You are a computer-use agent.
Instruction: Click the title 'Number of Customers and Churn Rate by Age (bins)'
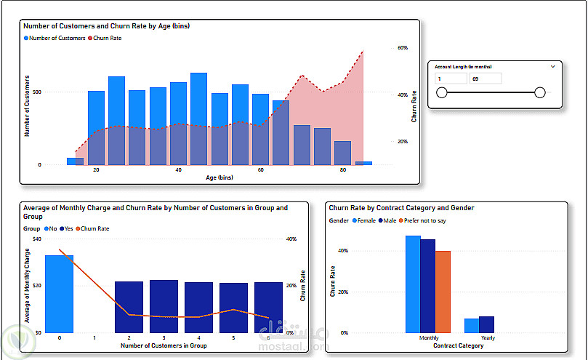107,26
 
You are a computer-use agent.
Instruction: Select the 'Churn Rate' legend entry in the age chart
106,38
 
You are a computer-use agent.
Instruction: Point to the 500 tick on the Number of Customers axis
36,92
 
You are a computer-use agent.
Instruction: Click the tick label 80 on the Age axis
343,169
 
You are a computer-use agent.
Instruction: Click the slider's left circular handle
440,92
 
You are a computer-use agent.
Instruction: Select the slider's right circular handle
539,92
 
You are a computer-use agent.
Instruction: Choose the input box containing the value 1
451,78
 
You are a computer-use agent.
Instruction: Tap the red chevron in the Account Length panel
553,66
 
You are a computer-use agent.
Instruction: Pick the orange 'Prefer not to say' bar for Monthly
443,291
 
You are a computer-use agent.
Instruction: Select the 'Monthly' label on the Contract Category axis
429,338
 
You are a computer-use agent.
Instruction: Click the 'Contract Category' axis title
458,345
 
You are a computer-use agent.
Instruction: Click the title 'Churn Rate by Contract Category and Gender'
401,208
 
